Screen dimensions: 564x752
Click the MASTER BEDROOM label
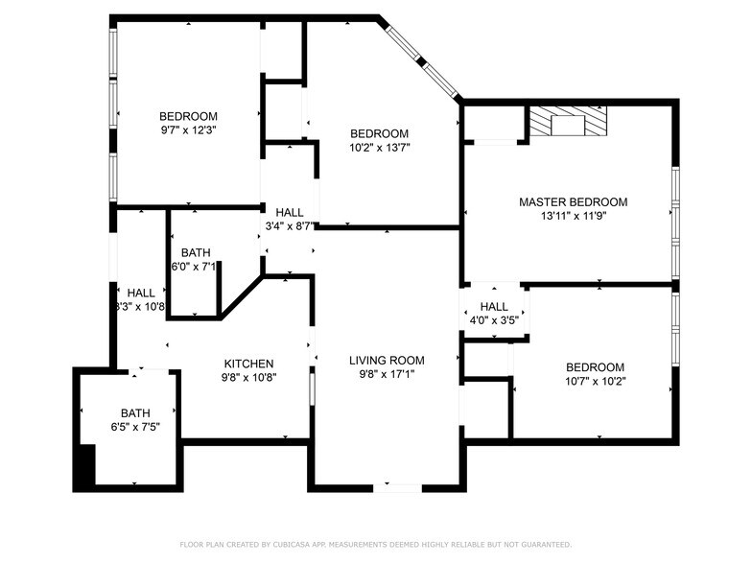pyautogui.click(x=573, y=202)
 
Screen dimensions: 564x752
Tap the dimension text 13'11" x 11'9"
pyautogui.click(x=573, y=216)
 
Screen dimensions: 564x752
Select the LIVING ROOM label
pyautogui.click(x=387, y=361)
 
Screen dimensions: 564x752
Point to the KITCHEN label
pyautogui.click(x=248, y=364)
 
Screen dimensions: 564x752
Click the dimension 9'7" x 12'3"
pyautogui.click(x=188, y=130)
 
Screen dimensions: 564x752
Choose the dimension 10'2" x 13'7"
pyautogui.click(x=379, y=148)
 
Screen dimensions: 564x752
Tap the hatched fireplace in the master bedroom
pyautogui.click(x=569, y=122)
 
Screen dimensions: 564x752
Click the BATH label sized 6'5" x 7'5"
pyautogui.click(x=135, y=413)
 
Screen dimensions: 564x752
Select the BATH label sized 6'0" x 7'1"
pyautogui.click(x=195, y=252)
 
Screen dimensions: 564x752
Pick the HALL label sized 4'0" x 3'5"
pyautogui.click(x=494, y=307)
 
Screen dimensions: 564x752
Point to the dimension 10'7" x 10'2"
pyautogui.click(x=595, y=381)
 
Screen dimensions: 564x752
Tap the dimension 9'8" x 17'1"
pyautogui.click(x=387, y=374)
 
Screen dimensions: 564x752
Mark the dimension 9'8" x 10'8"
pyautogui.click(x=248, y=377)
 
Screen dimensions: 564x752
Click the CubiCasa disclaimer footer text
pyautogui.click(x=375, y=545)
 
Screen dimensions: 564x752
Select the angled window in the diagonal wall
pyautogui.click(x=420, y=61)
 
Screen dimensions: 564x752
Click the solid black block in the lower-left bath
pyautogui.click(x=84, y=466)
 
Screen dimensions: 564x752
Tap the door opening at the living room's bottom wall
pyautogui.click(x=396, y=488)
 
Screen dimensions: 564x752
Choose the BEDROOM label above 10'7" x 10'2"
pyautogui.click(x=595, y=367)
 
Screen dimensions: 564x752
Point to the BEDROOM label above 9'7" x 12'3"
pyautogui.click(x=188, y=117)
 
